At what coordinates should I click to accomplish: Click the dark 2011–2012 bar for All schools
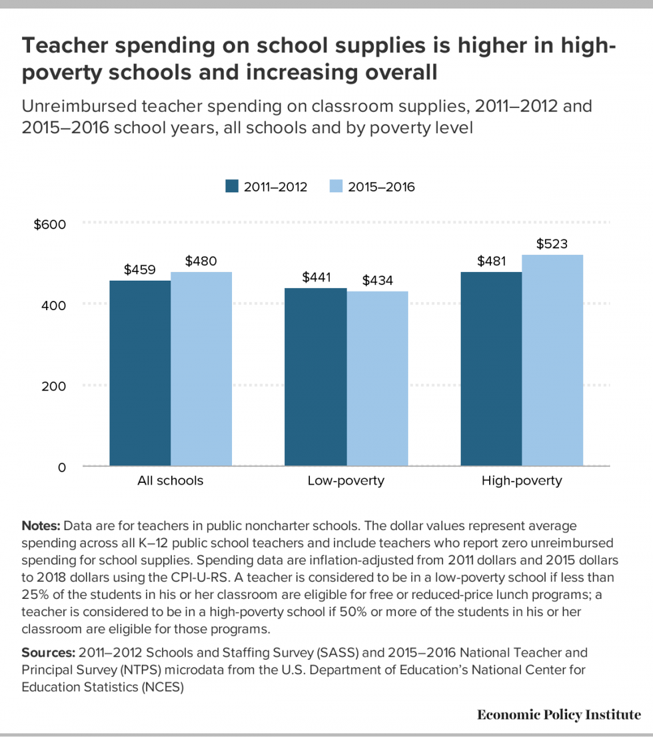click(x=140, y=374)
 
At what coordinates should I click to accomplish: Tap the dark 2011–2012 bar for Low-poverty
click(x=315, y=377)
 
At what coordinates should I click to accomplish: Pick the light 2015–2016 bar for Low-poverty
click(x=377, y=378)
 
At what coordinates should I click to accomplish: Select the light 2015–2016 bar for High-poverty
click(x=552, y=360)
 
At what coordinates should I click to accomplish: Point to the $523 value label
click(x=552, y=244)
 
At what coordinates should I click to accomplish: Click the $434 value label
click(x=377, y=281)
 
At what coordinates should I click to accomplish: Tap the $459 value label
click(x=140, y=270)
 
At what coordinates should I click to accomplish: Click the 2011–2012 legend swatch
click(x=231, y=187)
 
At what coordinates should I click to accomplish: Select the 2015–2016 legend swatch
click(x=336, y=187)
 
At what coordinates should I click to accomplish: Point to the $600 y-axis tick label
click(x=50, y=224)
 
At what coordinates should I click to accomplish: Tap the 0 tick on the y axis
click(x=61, y=468)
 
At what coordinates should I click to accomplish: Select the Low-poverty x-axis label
click(x=346, y=480)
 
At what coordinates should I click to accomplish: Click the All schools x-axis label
click(x=170, y=480)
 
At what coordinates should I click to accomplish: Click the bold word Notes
click(x=41, y=526)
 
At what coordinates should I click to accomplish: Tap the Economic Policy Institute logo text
click(x=558, y=715)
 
